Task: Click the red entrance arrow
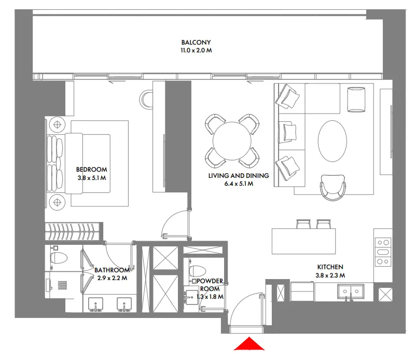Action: [x=249, y=344]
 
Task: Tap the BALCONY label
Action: [x=196, y=42]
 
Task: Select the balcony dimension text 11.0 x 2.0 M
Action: [x=196, y=50]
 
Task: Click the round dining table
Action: [x=232, y=141]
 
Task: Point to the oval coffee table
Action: [x=332, y=141]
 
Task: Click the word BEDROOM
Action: [x=91, y=170]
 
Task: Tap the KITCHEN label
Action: [x=330, y=267]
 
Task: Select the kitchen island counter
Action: [x=304, y=241]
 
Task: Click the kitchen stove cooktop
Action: [x=383, y=252]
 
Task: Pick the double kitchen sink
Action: [x=351, y=292]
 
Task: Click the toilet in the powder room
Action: [x=197, y=271]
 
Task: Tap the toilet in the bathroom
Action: [x=58, y=258]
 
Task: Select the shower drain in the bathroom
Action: [x=63, y=285]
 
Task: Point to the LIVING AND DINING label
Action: [x=239, y=176]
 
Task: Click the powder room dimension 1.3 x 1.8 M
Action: [x=210, y=297]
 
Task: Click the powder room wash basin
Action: [x=190, y=295]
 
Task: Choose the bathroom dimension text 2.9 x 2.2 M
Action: [x=112, y=278]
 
